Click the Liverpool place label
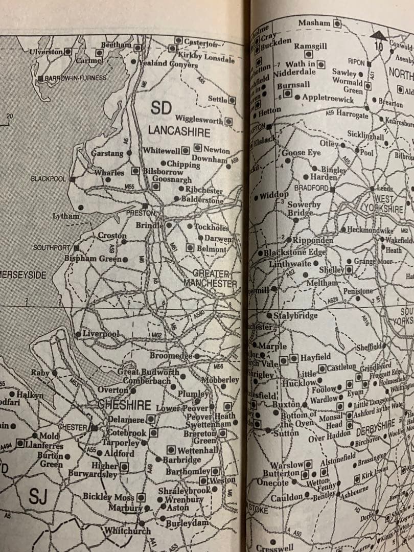[100, 334]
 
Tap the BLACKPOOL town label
[48, 179]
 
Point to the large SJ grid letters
[38, 496]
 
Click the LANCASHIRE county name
[179, 131]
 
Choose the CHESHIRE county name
[125, 405]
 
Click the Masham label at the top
[314, 24]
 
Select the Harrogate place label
[352, 115]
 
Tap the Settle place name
[217, 99]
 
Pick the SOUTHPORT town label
[51, 247]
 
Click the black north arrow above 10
[378, 35]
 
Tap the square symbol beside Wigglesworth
[228, 121]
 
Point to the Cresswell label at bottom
[274, 547]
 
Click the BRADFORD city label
[311, 188]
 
